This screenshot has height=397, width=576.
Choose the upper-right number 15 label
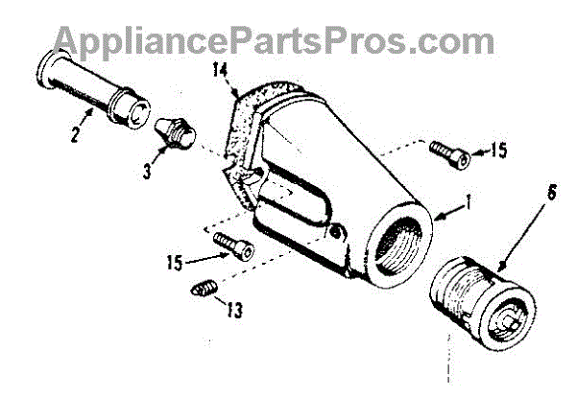click(x=498, y=152)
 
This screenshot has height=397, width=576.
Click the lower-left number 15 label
click(x=175, y=260)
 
